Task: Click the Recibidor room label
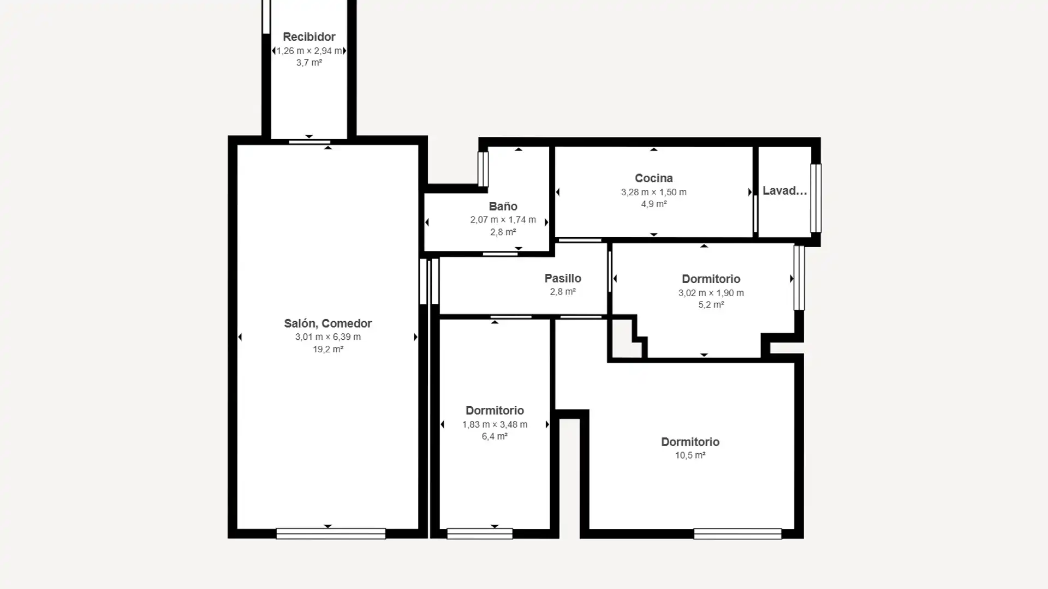pos(309,37)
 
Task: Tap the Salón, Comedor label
pos(327,323)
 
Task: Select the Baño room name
pos(503,206)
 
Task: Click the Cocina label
pos(653,178)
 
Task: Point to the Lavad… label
pos(784,191)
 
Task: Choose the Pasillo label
pos(563,278)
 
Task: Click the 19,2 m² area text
pos(327,350)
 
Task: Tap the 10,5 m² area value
pos(690,455)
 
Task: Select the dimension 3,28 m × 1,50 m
pos(653,192)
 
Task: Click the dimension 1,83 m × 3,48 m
pos(495,424)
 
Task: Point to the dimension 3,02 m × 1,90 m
pos(711,293)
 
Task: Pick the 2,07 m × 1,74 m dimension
pos(503,220)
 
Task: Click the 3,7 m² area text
pos(309,63)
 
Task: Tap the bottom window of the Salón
pos(331,534)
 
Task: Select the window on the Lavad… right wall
pos(815,198)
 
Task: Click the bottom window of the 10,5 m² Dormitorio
pos(737,534)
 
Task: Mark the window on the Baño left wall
pos(483,169)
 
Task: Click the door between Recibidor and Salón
pos(309,142)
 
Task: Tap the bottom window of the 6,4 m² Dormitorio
pos(480,534)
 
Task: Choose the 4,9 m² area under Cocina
pos(653,204)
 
